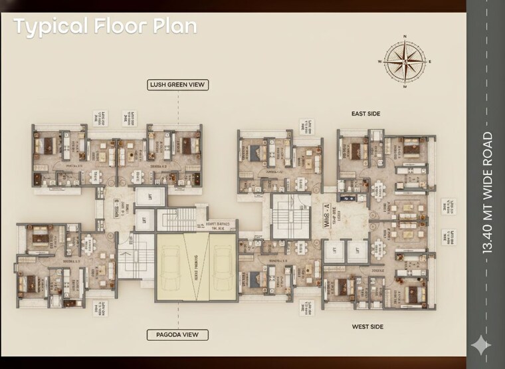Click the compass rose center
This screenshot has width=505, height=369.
[405, 61]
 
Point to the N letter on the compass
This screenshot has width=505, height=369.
[405, 37]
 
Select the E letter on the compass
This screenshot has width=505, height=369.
[430, 61]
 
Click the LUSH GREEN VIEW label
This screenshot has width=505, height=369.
[177, 84]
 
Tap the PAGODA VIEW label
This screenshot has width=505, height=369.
[177, 335]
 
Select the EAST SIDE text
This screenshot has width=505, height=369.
[365, 114]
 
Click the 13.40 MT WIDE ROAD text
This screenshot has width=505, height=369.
[488, 193]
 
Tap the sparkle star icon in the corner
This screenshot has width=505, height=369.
[481, 345]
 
